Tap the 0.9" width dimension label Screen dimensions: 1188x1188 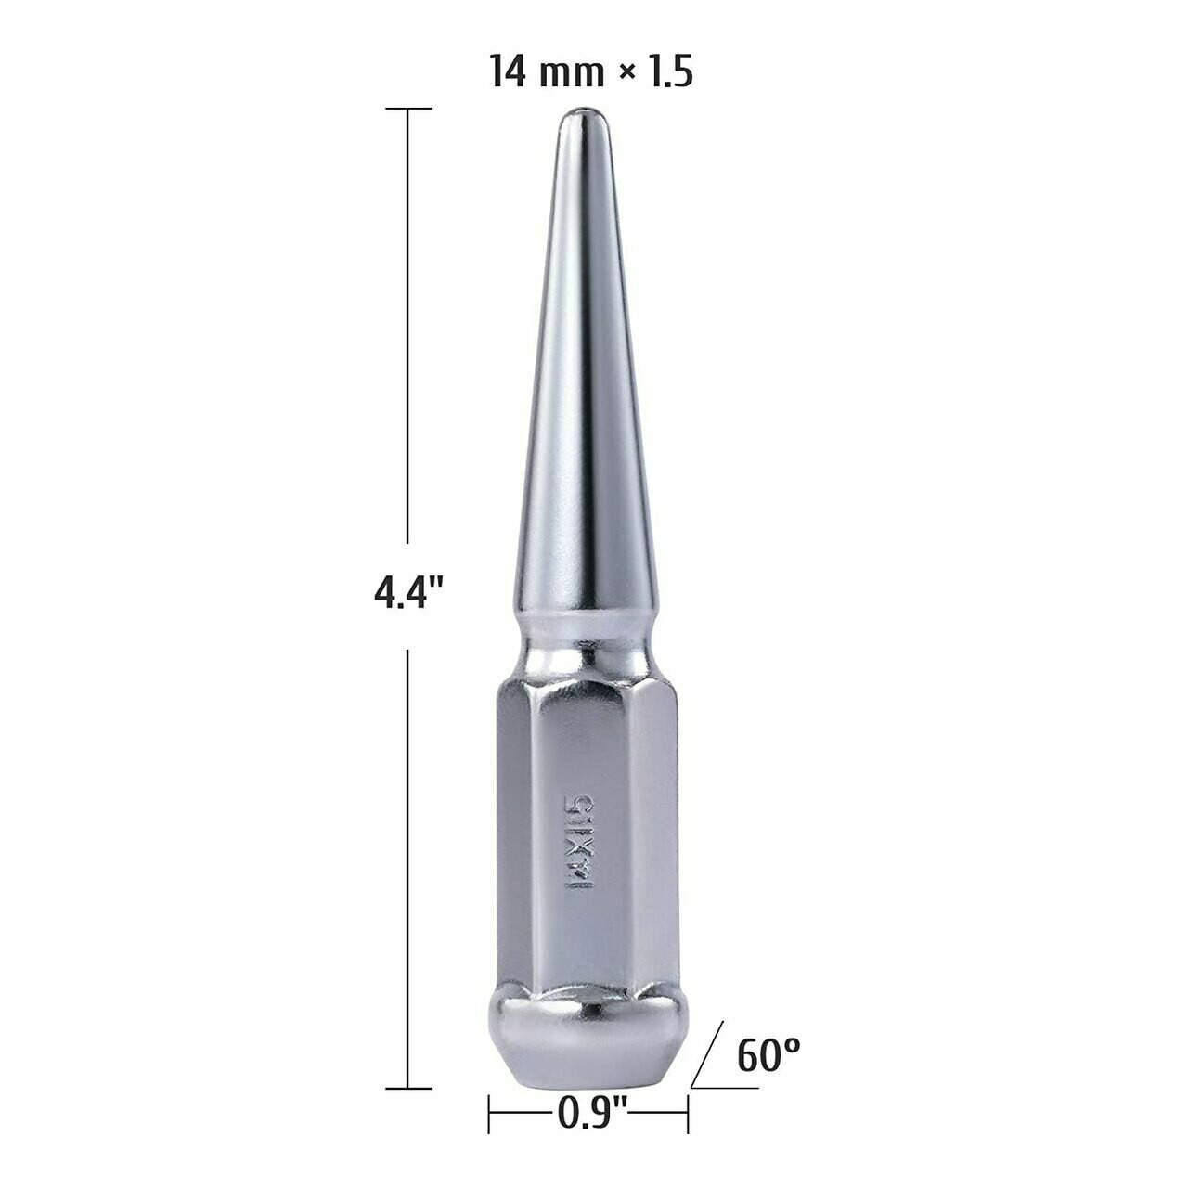point(593,1111)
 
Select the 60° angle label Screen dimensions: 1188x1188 point(768,1054)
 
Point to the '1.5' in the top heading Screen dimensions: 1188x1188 point(669,72)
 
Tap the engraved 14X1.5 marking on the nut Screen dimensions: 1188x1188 point(580,841)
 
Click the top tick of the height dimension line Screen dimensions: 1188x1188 point(408,109)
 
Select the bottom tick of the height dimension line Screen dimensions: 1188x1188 point(408,1088)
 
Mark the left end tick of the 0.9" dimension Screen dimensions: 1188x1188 point(489,1113)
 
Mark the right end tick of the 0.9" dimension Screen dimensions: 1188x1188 point(688,1113)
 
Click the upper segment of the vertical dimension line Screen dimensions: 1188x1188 point(408,325)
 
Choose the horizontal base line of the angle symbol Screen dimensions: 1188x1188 point(724,1088)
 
